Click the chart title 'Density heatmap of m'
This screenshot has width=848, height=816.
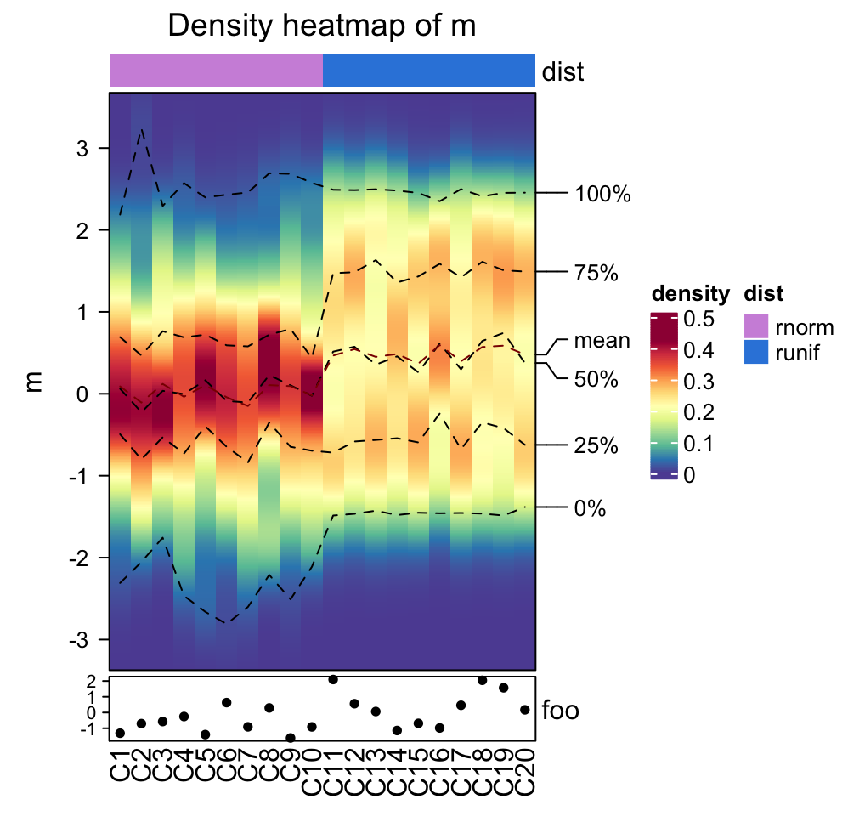pyautogui.click(x=321, y=25)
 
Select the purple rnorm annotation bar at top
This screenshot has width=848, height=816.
pyautogui.click(x=216, y=70)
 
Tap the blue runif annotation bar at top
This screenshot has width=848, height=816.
pyautogui.click(x=428, y=70)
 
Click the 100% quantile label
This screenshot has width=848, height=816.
pyautogui.click(x=602, y=195)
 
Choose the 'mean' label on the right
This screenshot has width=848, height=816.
pyautogui.click(x=602, y=341)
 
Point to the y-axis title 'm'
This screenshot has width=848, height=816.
pyautogui.click(x=34, y=382)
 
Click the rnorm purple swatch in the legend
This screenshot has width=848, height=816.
pyautogui.click(x=755, y=326)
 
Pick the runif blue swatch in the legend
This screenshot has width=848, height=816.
pyautogui.click(x=755, y=351)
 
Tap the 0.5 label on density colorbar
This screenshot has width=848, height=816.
pyautogui.click(x=698, y=319)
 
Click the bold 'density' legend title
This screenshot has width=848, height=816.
pyautogui.click(x=690, y=294)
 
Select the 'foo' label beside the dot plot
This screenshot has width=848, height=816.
pyautogui.click(x=561, y=710)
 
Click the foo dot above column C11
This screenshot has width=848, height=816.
pyautogui.click(x=333, y=679)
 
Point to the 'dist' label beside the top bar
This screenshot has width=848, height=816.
pyautogui.click(x=563, y=71)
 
